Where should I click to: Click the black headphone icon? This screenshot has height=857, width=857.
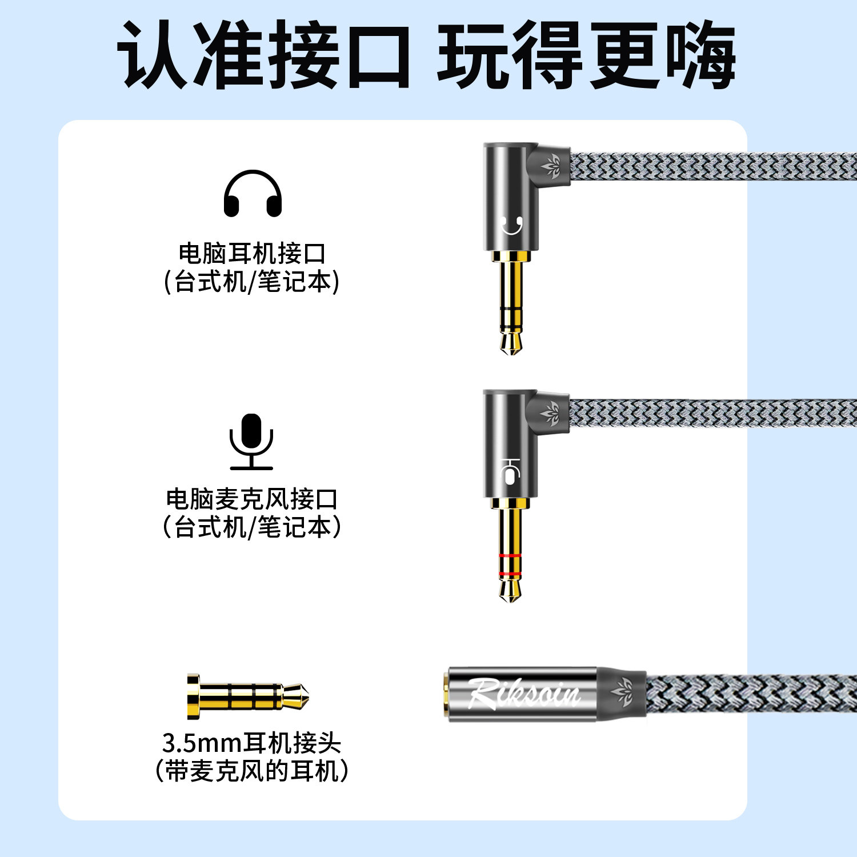[x=253, y=194]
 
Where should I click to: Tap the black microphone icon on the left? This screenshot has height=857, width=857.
[x=251, y=441]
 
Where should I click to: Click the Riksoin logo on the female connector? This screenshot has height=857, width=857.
[x=523, y=693]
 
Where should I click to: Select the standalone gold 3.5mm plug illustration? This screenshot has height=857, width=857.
[x=248, y=696]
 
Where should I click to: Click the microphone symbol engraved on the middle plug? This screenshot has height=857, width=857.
[x=509, y=470]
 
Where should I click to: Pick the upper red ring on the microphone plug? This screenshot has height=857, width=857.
[x=510, y=556]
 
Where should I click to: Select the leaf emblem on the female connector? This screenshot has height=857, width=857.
[x=622, y=689]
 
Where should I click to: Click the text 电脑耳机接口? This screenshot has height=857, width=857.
[x=252, y=253]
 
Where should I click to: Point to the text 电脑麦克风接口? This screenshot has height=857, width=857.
[x=252, y=499]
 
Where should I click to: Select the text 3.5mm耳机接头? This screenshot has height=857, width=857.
[x=252, y=743]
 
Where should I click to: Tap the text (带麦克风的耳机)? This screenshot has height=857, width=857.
[x=252, y=771]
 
